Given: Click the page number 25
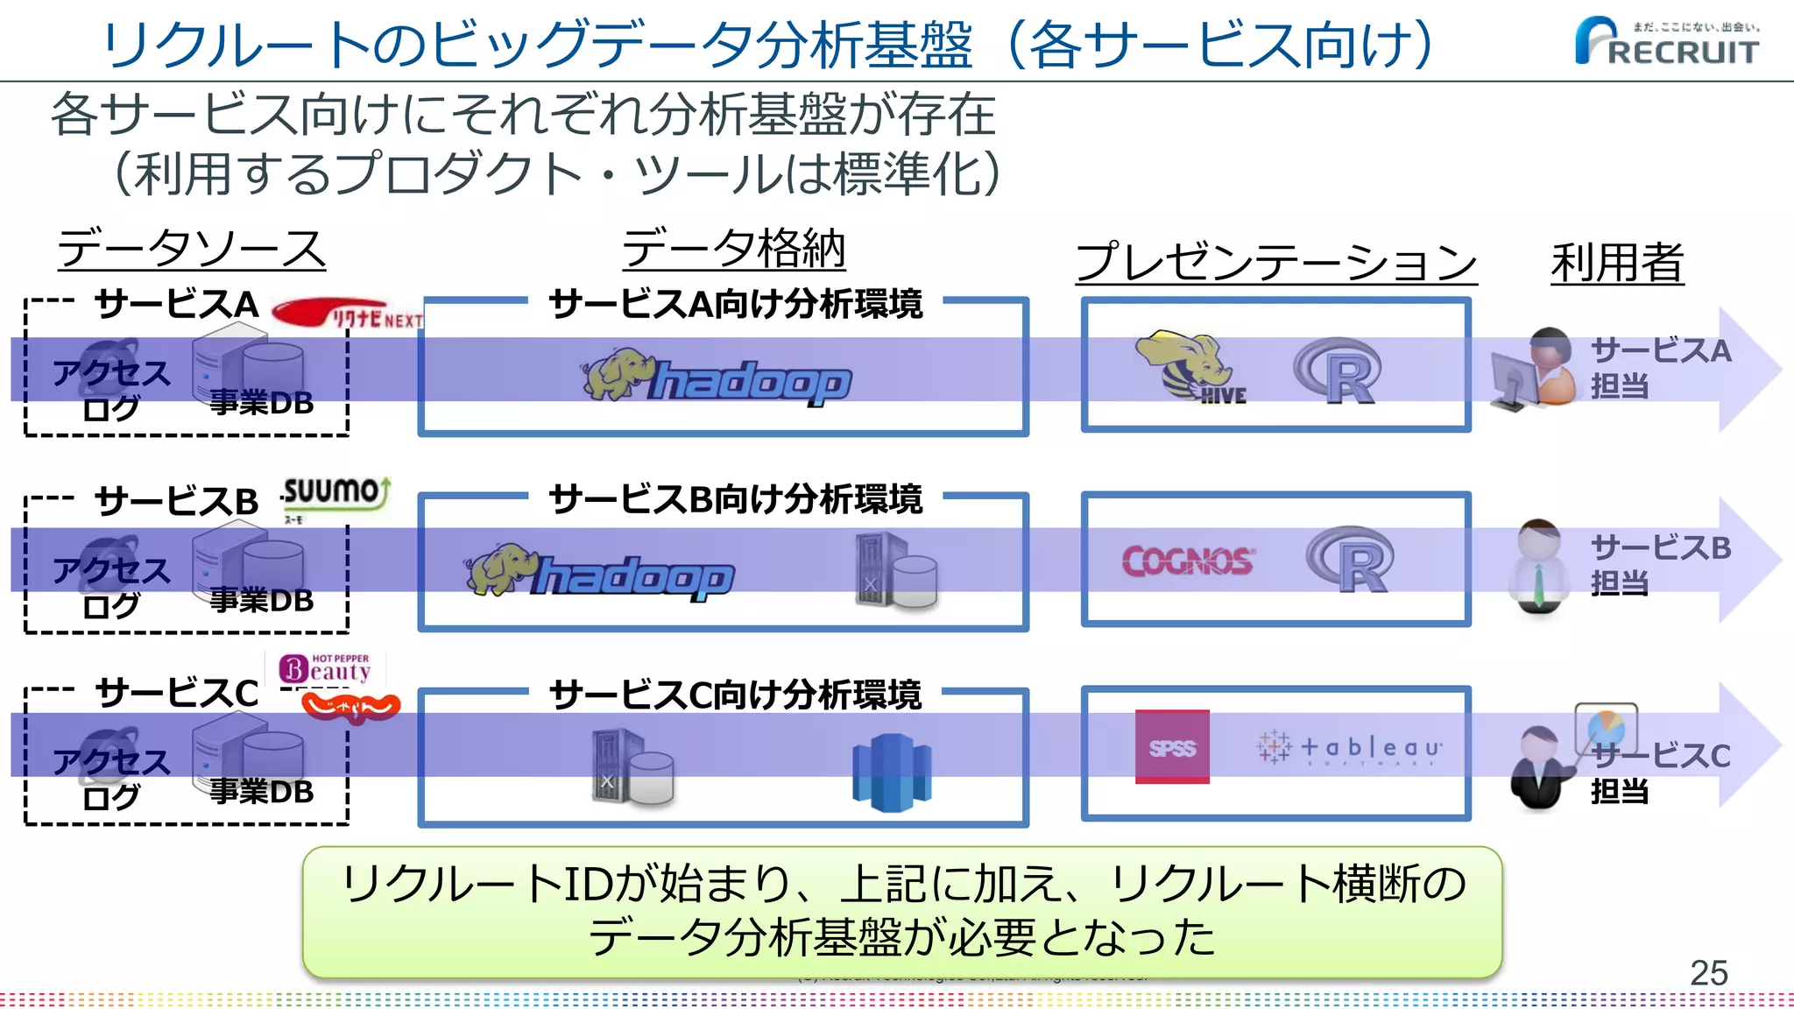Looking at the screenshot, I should [1707, 973].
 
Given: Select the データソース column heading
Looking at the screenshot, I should [191, 249].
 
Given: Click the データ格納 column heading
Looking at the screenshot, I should [733, 249].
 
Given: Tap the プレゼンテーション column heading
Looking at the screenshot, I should [1275, 262].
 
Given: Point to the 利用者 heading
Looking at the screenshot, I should [1617, 262].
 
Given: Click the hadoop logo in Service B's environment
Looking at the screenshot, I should [601, 573].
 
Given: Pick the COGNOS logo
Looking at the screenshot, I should [1188, 561].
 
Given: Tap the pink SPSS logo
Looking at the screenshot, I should [1172, 747].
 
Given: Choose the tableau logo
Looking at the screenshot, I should [1349, 748].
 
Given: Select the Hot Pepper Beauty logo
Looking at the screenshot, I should [326, 669].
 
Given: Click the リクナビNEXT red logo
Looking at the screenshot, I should [347, 314].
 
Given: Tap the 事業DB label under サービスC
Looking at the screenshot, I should [261, 791].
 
